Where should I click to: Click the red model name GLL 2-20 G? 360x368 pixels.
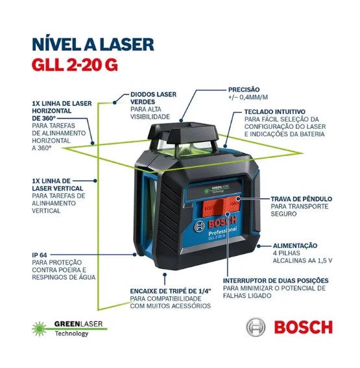pos(75,64)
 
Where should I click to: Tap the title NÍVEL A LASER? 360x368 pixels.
pos(93,44)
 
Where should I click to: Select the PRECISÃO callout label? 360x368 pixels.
pos(244,89)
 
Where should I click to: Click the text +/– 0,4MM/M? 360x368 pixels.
pos(248,97)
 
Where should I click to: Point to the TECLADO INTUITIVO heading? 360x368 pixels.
pos(274,111)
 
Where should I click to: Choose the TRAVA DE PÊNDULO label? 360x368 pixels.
pos(301,199)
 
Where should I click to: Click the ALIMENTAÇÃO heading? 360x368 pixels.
pos(295,246)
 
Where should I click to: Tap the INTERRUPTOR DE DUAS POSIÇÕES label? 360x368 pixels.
pos(276,281)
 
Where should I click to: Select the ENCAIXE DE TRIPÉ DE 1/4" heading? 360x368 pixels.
pos(171,292)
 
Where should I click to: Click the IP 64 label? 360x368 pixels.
pos(40,255)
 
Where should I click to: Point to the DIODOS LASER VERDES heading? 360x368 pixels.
pos(153,98)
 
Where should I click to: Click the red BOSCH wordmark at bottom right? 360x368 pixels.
pos(303,327)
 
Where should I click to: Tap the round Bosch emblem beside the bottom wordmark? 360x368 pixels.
pos(256,327)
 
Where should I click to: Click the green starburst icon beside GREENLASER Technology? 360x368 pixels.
pos(40,328)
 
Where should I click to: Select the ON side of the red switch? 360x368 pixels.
pos(232,203)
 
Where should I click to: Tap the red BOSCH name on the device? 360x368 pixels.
pos(222,222)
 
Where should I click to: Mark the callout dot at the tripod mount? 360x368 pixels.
pos(165,274)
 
